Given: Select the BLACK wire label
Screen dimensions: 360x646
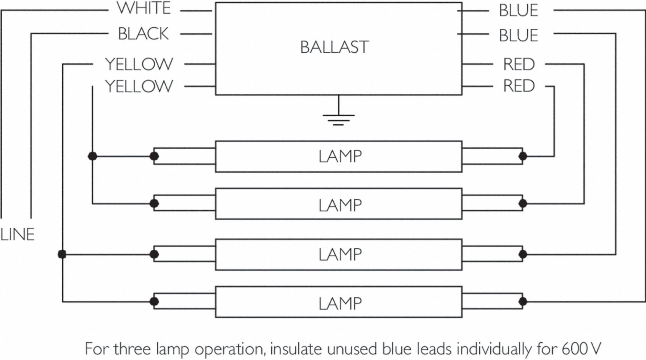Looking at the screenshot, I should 143,34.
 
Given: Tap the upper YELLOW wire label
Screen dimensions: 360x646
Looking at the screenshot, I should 139,64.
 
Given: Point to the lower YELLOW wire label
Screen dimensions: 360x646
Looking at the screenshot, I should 139,86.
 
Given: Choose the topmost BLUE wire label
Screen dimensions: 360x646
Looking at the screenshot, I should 518,10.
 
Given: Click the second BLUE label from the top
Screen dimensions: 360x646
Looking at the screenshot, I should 518,35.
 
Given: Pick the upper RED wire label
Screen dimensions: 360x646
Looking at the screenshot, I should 519,64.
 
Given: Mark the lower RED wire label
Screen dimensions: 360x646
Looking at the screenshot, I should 519,86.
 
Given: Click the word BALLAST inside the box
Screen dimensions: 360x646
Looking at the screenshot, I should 334,47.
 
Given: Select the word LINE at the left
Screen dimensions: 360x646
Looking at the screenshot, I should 17,235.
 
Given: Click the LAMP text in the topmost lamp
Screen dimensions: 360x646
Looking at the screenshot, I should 340,156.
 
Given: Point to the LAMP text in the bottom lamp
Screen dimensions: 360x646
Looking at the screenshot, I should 340,303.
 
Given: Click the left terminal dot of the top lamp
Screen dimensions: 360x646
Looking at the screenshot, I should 154,156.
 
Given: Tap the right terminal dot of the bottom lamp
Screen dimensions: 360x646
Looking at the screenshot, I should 523,302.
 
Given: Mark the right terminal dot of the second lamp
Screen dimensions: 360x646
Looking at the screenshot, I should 523,204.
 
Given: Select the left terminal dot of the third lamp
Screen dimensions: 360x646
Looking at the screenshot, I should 154,254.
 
